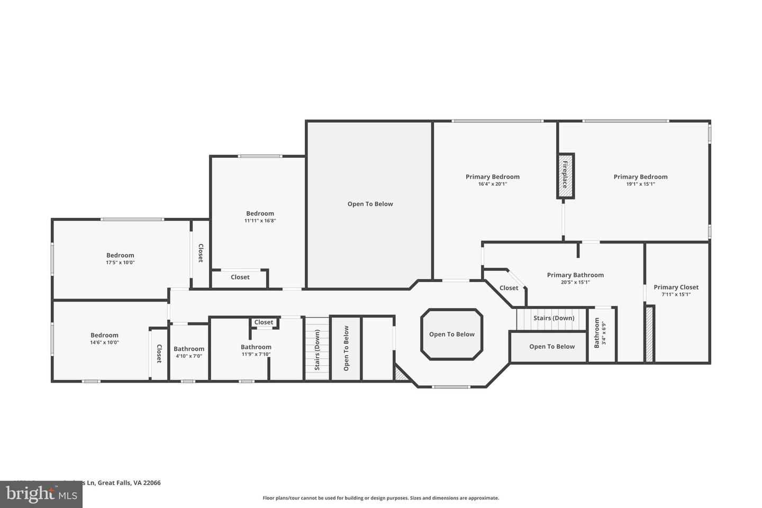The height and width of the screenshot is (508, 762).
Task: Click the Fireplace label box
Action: coord(565,176)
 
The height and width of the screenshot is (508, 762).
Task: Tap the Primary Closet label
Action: coord(676,287)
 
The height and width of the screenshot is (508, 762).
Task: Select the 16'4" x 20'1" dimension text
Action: coord(492,184)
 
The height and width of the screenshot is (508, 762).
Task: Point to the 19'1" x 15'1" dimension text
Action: coord(640,184)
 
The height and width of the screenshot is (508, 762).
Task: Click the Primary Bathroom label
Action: coord(575,275)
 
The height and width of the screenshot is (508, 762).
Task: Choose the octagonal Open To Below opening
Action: coord(451,334)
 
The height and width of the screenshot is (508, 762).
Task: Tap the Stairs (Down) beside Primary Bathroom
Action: coord(553,319)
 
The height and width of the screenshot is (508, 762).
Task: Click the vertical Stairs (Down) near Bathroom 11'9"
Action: coord(317,349)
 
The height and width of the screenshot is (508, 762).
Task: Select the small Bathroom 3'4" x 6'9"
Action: coord(600,333)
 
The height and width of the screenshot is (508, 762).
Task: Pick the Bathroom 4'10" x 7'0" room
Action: coord(189,352)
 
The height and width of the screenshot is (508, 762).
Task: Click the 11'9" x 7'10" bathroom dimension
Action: coord(256,355)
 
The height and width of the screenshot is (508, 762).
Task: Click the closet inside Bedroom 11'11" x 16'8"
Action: coord(240,277)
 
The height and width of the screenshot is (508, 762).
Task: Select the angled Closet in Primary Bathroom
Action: coord(509,288)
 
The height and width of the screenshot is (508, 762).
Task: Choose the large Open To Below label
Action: coord(370,204)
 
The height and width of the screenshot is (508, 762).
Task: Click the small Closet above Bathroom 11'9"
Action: coord(264,322)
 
